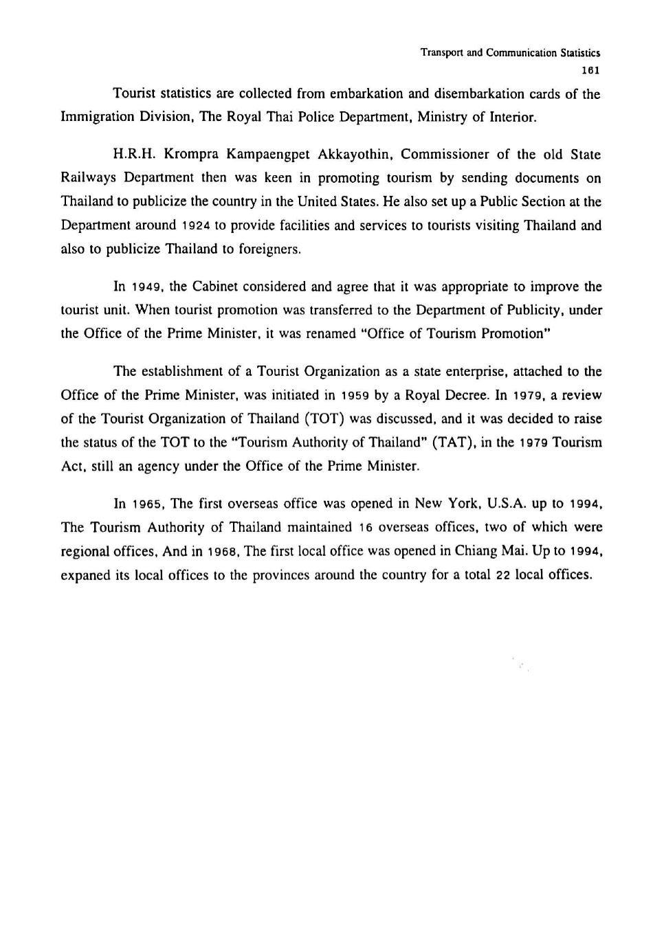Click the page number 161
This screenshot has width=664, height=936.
[591, 70]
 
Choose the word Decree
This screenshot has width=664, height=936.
[467, 395]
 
